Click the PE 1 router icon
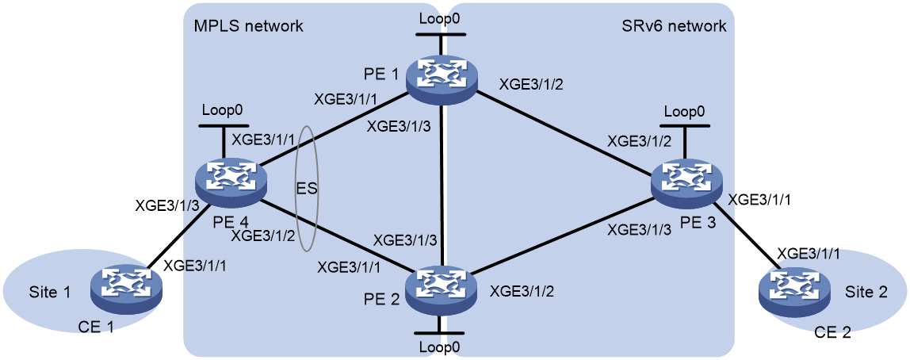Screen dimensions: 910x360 (x=441, y=76)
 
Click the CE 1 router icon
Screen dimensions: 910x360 (x=127, y=285)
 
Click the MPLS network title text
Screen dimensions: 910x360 (x=250, y=26)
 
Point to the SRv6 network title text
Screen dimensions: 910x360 (x=673, y=26)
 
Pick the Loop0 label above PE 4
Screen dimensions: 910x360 (x=220, y=109)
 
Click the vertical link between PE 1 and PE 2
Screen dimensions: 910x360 (x=441, y=181)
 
